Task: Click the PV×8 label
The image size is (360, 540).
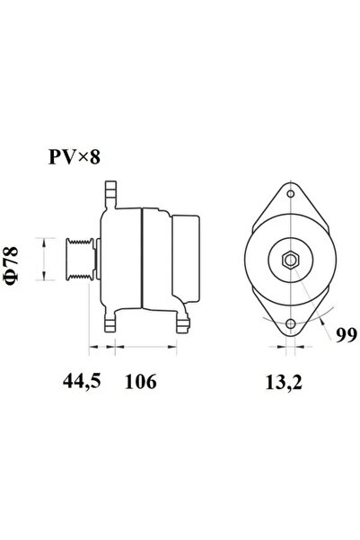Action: click(x=75, y=157)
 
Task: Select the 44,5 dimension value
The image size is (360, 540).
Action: click(x=82, y=381)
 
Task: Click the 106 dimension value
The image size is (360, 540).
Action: click(x=140, y=381)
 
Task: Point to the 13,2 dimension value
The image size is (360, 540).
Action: click(x=284, y=382)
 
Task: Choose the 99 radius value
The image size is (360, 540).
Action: click(x=347, y=334)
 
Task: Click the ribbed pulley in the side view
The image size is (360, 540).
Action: click(x=80, y=258)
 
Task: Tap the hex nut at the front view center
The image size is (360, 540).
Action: click(x=291, y=260)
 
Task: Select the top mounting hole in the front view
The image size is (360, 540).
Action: click(x=291, y=194)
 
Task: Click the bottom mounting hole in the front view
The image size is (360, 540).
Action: click(x=291, y=323)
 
